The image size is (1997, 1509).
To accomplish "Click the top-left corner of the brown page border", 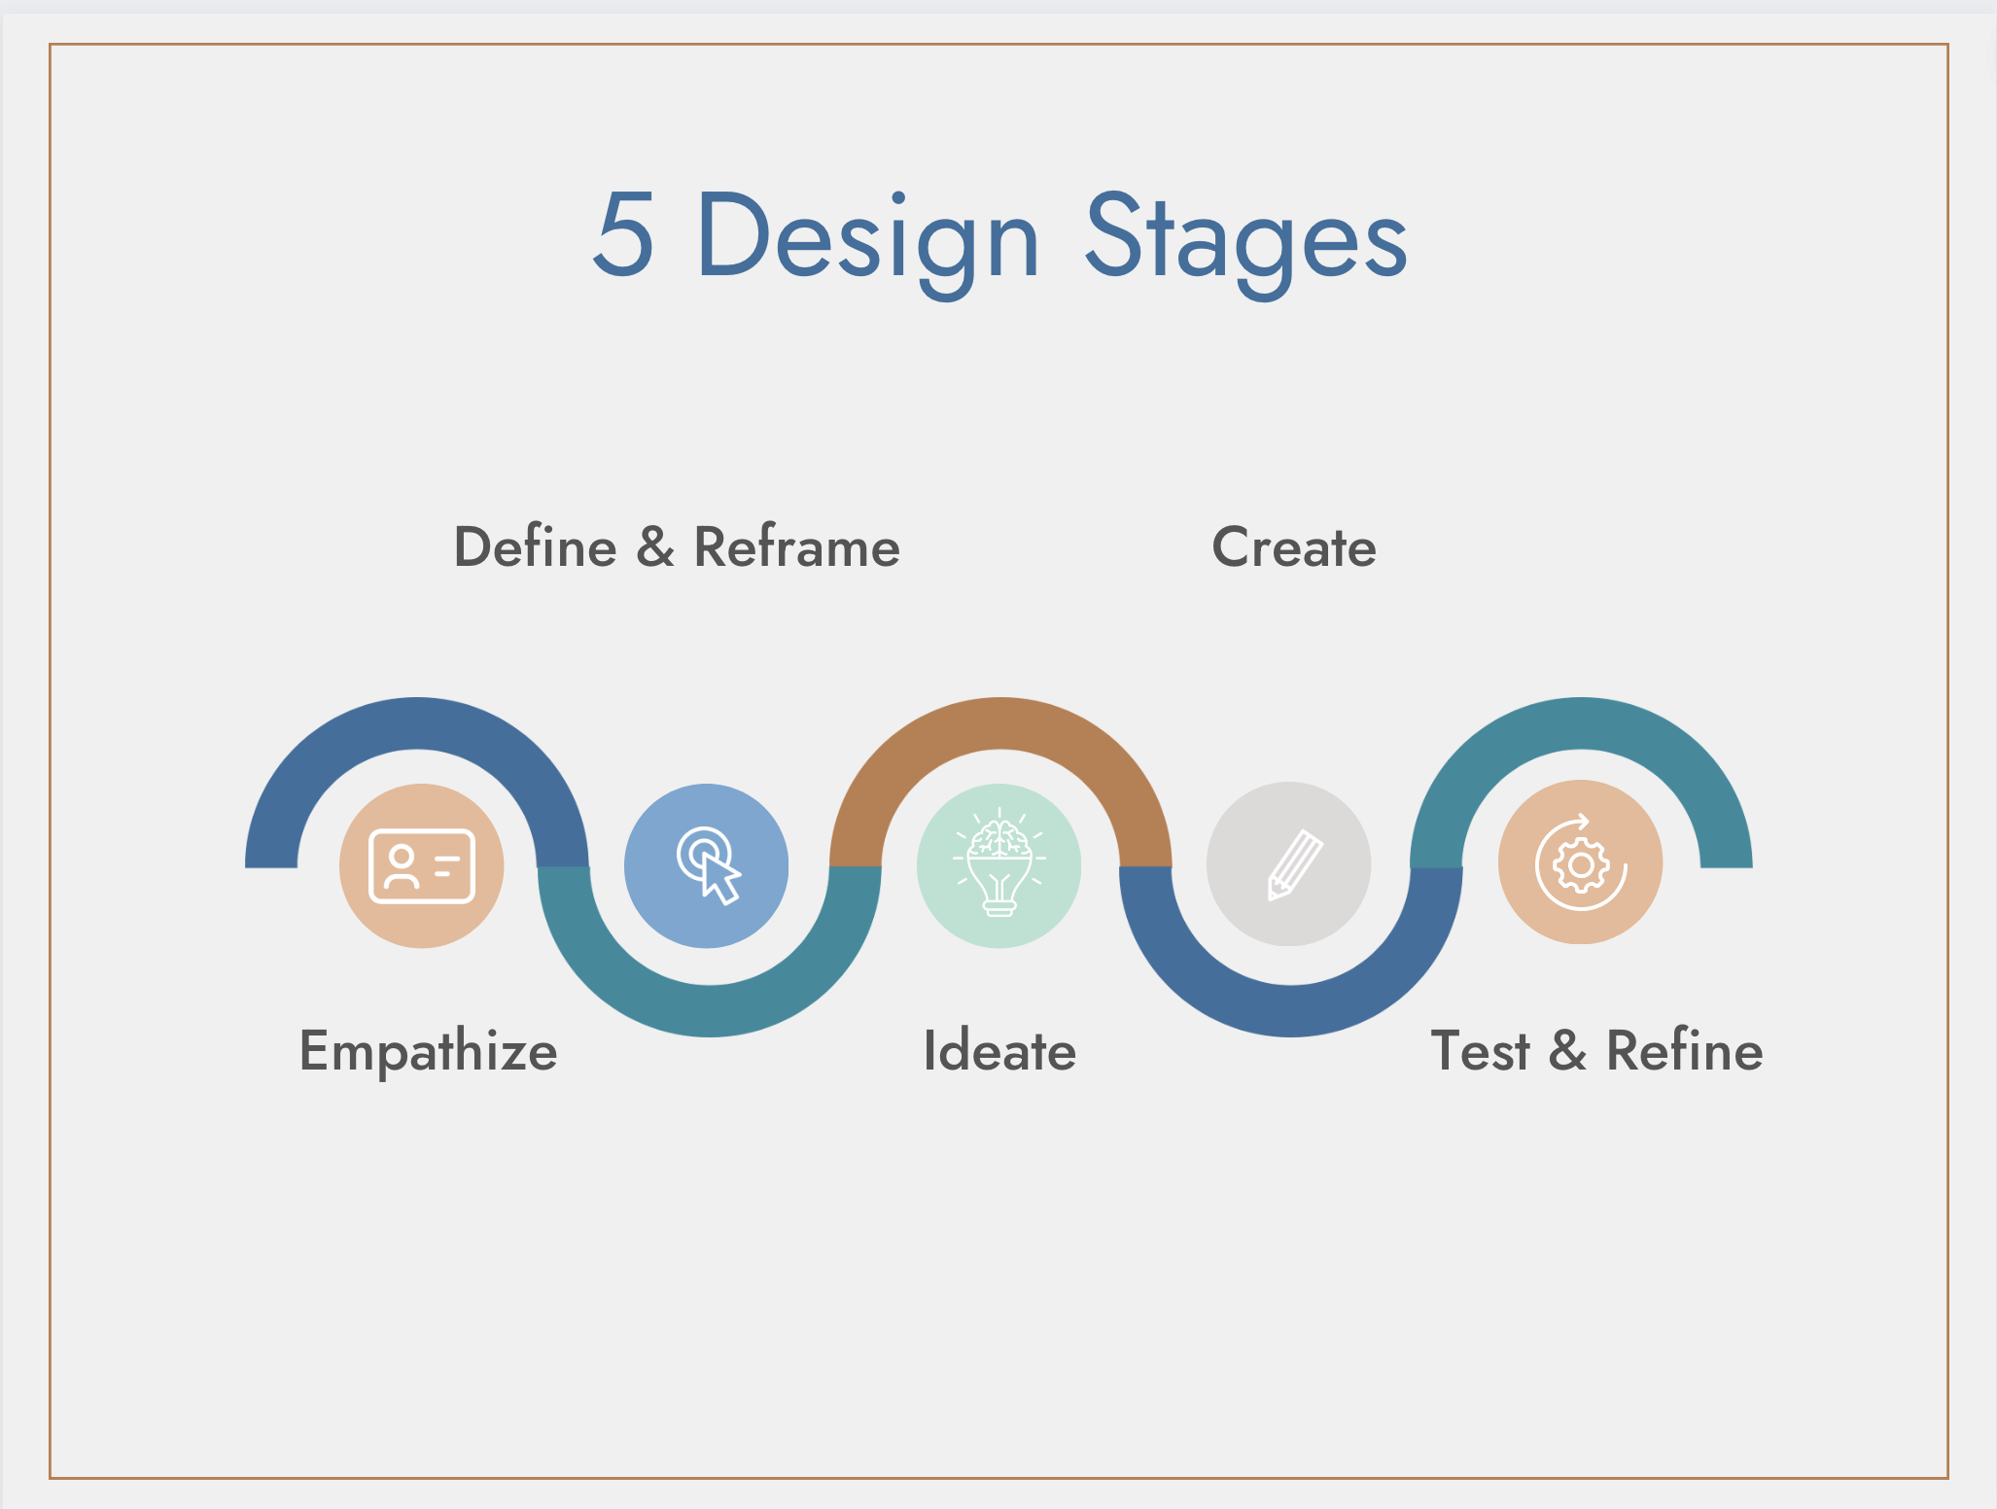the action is click(x=51, y=45).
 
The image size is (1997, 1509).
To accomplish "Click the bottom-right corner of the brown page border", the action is click(x=1947, y=1478).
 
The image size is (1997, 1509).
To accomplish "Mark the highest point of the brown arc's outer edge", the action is click(x=1000, y=698).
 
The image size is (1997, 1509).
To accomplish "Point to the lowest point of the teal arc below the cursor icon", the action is click(x=710, y=1036).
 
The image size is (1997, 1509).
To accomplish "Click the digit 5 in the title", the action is click(x=623, y=234).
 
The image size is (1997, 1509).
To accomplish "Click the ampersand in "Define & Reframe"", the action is click(x=655, y=547).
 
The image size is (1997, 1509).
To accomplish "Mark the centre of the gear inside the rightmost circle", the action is click(x=1581, y=864).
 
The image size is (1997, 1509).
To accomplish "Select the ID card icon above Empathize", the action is click(x=422, y=866).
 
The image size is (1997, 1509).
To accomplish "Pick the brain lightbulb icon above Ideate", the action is click(x=999, y=862).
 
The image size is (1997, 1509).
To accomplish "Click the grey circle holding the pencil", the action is click(x=1289, y=863).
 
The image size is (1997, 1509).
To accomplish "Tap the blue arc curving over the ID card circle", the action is click(x=417, y=723).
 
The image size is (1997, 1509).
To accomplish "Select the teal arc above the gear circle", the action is click(x=1582, y=723).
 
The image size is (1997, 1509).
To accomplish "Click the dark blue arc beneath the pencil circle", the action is click(x=1291, y=1011).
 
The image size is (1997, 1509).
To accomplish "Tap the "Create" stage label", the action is click(x=1294, y=547).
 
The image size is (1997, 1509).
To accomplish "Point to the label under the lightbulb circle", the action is click(x=999, y=1051).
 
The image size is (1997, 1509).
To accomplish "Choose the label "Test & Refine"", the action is click(x=1597, y=1051).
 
